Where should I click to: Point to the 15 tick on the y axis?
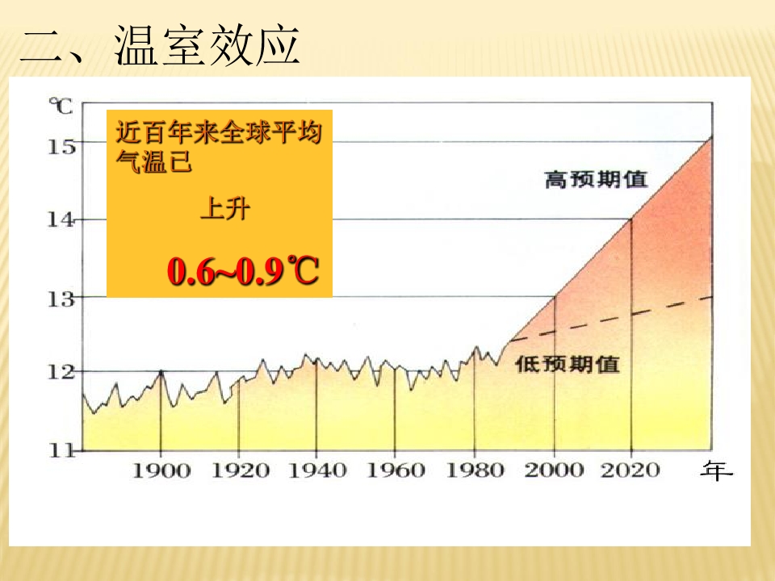[62, 146]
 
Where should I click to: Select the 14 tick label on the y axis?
[62, 219]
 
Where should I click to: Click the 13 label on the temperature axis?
[62, 299]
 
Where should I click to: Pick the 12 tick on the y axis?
[62, 372]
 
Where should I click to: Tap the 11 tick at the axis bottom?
[62, 450]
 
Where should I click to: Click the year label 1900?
[161, 470]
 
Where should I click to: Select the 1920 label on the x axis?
[238, 470]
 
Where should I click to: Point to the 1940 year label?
[316, 470]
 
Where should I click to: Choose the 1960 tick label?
[395, 470]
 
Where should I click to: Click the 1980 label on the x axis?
[474, 470]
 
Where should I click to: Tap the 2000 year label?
[554, 470]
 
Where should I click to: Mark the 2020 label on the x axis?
[631, 470]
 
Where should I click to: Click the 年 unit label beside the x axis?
[716, 470]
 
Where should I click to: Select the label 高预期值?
[596, 179]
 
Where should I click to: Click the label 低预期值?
[568, 364]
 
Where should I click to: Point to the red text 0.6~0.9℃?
[243, 273]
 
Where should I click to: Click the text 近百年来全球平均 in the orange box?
[219, 132]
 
